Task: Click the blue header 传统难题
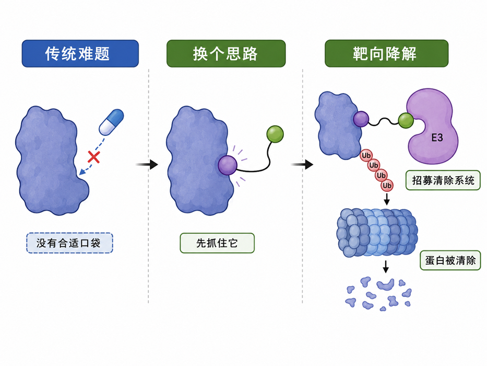pyautogui.click(x=80, y=53)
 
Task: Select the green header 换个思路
pyautogui.click(x=226, y=53)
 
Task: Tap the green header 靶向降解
pyautogui.click(x=386, y=53)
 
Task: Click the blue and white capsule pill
pyautogui.click(x=111, y=122)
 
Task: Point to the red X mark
pyautogui.click(x=93, y=157)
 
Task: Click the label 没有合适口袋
pyautogui.click(x=69, y=243)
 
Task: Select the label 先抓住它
pyautogui.click(x=217, y=243)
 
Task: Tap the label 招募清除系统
pyautogui.click(x=443, y=180)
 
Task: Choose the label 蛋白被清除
pyautogui.click(x=450, y=260)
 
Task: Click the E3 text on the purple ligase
pyautogui.click(x=437, y=138)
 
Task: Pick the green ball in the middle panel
pyautogui.click(x=275, y=134)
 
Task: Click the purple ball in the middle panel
pyautogui.click(x=228, y=165)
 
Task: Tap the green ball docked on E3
pyautogui.click(x=406, y=120)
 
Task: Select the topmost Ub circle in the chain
pyautogui.click(x=366, y=156)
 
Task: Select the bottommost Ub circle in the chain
pyautogui.click(x=387, y=186)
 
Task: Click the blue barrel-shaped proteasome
pyautogui.click(x=377, y=233)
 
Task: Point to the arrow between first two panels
pyautogui.click(x=147, y=164)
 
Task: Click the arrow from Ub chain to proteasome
pyautogui.click(x=387, y=199)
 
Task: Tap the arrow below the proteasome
pyautogui.click(x=386, y=267)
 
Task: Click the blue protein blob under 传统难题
pyautogui.click(x=50, y=161)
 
